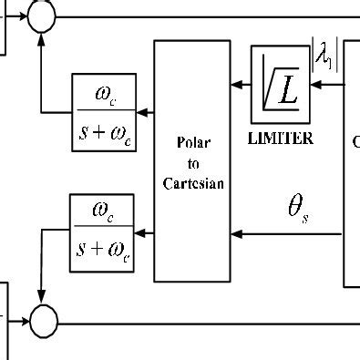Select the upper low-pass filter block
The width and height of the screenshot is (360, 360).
point(103,113)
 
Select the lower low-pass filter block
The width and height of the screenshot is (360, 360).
point(103,233)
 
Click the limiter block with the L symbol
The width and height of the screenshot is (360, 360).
point(281,85)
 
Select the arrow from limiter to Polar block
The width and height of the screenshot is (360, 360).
point(240,86)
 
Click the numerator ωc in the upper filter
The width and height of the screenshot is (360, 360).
point(103,95)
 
